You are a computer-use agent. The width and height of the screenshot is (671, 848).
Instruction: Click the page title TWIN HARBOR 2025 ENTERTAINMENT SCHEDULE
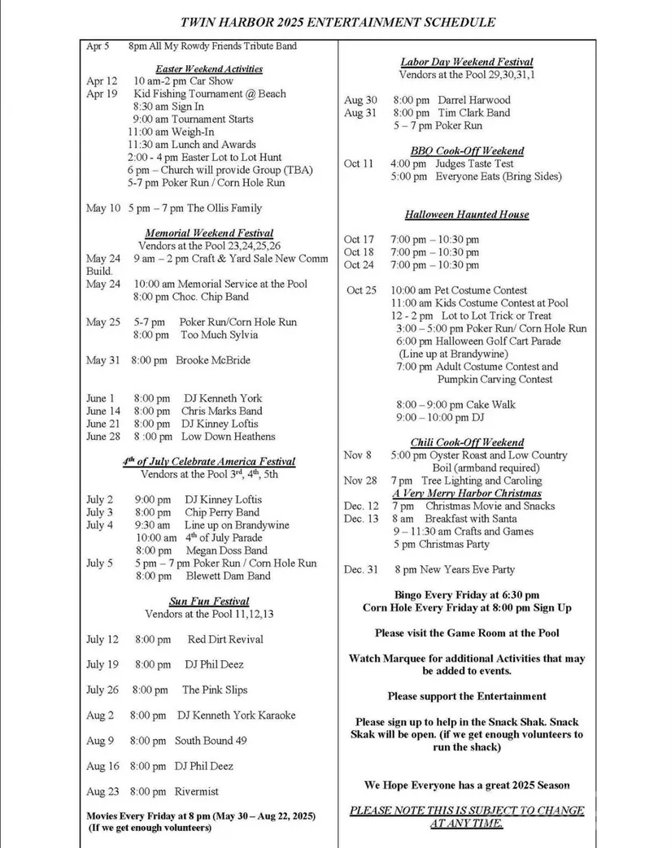(x=338, y=22)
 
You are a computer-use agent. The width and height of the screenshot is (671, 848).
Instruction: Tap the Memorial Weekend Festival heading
(x=209, y=233)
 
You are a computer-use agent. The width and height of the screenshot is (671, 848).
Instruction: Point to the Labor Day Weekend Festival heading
(x=467, y=62)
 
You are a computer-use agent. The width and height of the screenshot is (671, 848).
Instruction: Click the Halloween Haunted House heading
(x=467, y=215)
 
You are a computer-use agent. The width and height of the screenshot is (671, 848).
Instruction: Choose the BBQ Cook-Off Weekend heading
(x=467, y=151)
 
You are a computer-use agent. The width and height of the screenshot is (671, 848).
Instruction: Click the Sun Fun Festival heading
(x=209, y=602)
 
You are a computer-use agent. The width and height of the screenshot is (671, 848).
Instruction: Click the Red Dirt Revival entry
(x=225, y=639)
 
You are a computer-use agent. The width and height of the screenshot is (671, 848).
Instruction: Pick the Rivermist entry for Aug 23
(x=196, y=791)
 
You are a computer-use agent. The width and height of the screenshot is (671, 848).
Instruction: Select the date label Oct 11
(x=359, y=163)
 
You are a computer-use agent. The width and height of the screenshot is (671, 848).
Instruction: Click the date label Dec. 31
(x=361, y=570)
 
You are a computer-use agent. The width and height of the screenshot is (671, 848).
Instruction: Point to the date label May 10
(x=103, y=208)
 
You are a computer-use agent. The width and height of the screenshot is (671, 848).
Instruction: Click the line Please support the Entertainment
(x=467, y=696)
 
